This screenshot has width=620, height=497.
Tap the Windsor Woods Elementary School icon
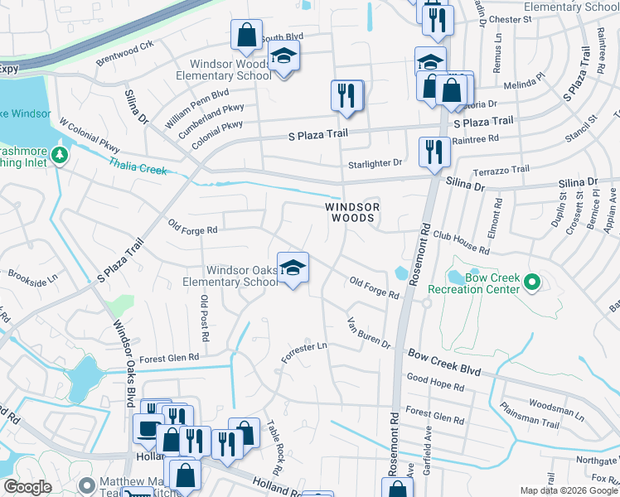(283, 59)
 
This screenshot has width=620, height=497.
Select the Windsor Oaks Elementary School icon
(293, 269)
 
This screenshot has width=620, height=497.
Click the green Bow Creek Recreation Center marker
(531, 283)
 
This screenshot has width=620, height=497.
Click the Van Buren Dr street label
(368, 332)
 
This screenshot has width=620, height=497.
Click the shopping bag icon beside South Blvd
(246, 36)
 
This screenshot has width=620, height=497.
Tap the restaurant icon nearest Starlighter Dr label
(434, 152)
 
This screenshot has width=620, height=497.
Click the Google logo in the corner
(28, 487)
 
